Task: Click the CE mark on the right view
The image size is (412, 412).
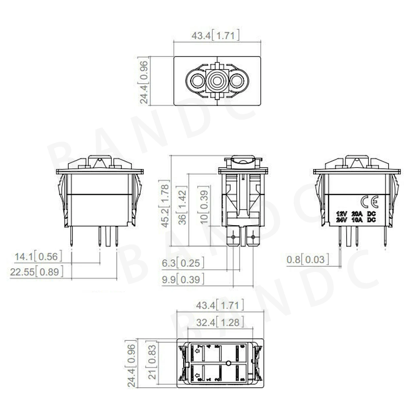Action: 369,202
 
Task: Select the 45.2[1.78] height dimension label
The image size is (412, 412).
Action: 165,204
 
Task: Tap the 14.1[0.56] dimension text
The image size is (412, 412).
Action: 38,256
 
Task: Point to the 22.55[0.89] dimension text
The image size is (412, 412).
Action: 36,272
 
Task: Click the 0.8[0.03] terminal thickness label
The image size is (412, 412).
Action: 307,259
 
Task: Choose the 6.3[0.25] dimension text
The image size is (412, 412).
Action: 183,263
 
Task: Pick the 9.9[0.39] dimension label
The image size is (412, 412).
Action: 183,279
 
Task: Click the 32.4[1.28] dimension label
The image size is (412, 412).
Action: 220,322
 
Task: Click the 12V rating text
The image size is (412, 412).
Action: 341,214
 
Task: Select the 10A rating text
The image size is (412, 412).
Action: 357,220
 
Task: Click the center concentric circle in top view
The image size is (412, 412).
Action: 217,81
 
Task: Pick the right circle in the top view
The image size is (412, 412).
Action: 237,81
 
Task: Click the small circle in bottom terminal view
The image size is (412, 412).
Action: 228,363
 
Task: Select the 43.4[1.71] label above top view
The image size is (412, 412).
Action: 215,36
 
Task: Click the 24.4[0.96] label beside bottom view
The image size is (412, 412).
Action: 131,366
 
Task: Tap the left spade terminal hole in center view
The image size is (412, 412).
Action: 233,237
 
